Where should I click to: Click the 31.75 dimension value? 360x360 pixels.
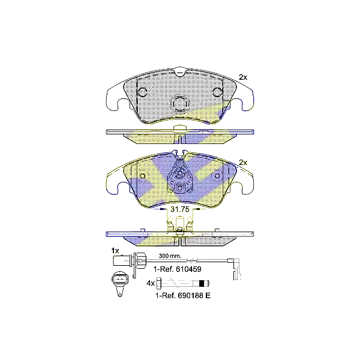(x=180, y=211)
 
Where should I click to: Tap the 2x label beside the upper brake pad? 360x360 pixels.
(x=243, y=77)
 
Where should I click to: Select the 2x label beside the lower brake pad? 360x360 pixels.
(x=243, y=163)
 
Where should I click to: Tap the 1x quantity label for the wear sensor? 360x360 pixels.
(x=115, y=250)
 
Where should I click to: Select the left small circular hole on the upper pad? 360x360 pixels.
(x=143, y=92)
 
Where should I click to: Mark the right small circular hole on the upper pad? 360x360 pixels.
(x=217, y=92)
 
